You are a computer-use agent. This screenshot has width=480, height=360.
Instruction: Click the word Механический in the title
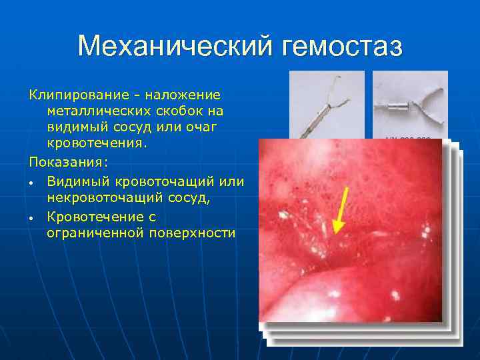tap(175, 47)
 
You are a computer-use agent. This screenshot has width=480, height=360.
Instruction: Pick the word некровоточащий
tap(105, 197)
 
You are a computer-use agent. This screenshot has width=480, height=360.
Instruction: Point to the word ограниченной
tap(96, 233)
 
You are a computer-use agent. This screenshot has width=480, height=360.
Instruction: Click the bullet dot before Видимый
tap(31, 183)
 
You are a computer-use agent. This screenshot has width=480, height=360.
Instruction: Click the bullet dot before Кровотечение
tap(31, 218)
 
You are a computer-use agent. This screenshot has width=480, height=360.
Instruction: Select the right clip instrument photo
tap(410, 104)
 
